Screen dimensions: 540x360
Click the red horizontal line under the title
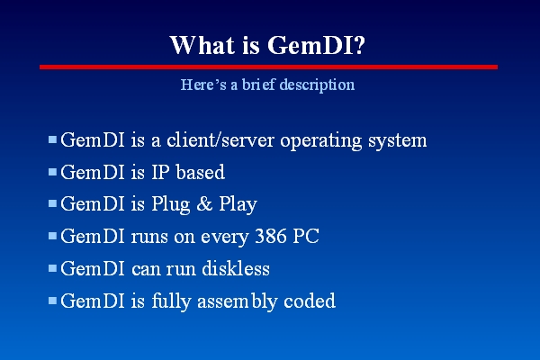tap(268, 67)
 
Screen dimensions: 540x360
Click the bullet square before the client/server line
tap(52, 139)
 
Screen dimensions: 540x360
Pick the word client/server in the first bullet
tap(220, 140)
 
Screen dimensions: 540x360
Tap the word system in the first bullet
tap(398, 141)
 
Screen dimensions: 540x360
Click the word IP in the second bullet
tap(160, 172)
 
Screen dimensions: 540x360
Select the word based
tap(201, 172)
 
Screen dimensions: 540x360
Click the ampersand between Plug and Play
tap(204, 204)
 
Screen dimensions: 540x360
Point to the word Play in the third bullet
tap(238, 204)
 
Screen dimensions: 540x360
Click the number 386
tap(271, 237)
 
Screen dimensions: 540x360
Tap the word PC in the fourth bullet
tap(306, 237)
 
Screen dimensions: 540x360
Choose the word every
tap(224, 238)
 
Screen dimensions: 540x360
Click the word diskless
tap(236, 268)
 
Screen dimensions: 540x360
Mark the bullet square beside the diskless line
tap(52, 268)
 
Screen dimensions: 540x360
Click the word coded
tap(310, 301)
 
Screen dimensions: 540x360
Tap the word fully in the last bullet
tap(171, 301)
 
